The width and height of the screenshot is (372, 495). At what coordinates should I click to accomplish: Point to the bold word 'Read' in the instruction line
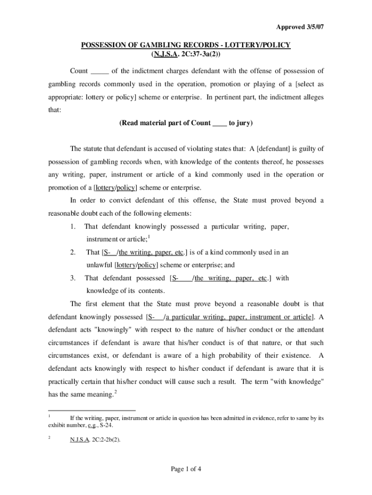[129, 123]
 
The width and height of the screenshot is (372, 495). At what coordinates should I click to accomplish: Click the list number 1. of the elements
[72, 226]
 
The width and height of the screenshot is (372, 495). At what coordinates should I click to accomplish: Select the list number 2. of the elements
[72, 252]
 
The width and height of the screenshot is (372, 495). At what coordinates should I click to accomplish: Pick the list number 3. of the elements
[72, 278]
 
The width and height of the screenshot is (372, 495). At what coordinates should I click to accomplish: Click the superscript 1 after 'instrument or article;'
[149, 236]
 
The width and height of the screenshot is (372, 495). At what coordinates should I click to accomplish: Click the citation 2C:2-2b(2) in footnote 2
[105, 440]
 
